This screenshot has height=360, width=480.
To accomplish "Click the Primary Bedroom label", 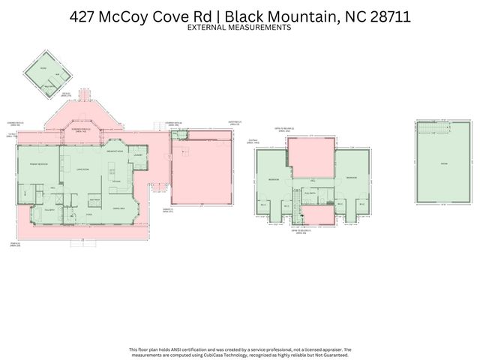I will (38, 163).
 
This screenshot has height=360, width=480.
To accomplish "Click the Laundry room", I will (137, 156).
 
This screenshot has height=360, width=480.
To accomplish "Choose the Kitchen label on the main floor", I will (116, 181).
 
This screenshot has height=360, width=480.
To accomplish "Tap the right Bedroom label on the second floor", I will (351, 177).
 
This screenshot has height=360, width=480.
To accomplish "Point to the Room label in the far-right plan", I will (443, 163).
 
